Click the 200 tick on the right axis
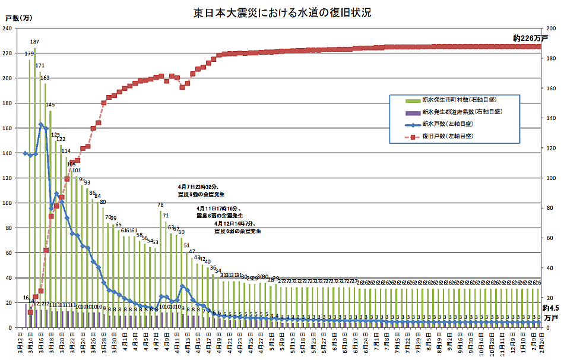coord(552,29)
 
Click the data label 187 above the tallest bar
coord(35,42)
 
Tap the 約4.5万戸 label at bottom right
coord(551,312)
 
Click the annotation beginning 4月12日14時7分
coord(237,227)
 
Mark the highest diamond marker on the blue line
coord(40,125)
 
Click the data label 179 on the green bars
coord(29,54)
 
